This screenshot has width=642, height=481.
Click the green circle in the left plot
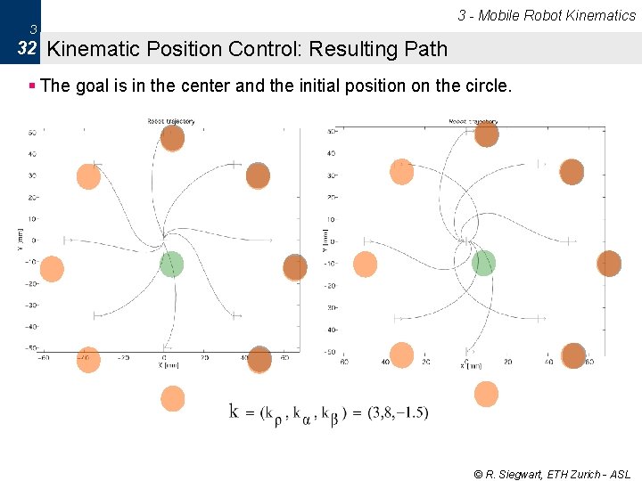pyautogui.click(x=171, y=264)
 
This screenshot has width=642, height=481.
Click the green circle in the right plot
pyautogui.click(x=483, y=262)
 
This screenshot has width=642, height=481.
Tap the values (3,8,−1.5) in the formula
pyautogui.click(x=398, y=412)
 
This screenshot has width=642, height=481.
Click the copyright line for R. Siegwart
pyautogui.click(x=552, y=475)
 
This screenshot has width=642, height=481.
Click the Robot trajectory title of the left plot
pyautogui.click(x=171, y=121)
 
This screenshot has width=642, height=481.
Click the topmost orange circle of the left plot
pyautogui.click(x=172, y=137)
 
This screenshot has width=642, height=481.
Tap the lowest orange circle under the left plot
pyautogui.click(x=173, y=398)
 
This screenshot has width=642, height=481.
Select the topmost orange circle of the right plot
pyautogui.click(x=486, y=134)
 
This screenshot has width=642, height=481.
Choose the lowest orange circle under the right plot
pyautogui.click(x=486, y=393)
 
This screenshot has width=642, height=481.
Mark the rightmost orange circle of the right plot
pyautogui.click(x=609, y=263)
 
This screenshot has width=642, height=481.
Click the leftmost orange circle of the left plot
pyautogui.click(x=53, y=268)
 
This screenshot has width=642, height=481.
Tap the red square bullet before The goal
pyautogui.click(x=32, y=86)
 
